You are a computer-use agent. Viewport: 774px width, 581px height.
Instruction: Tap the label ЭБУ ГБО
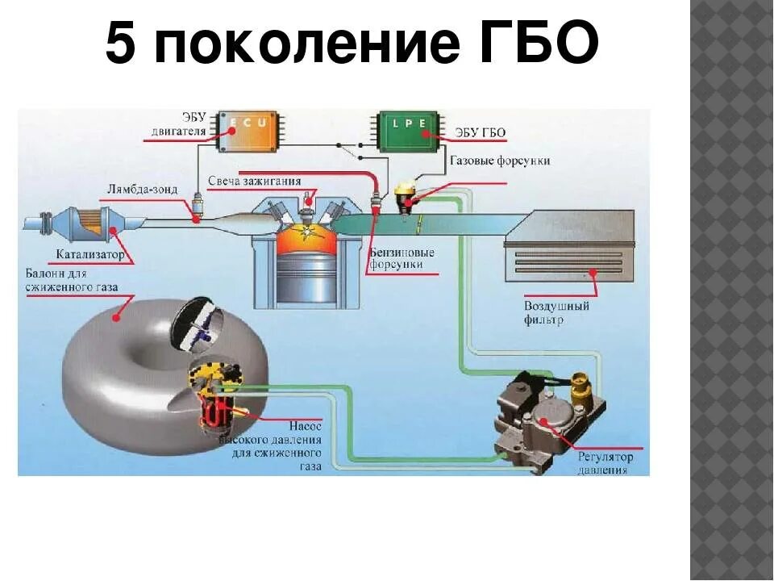click(481, 132)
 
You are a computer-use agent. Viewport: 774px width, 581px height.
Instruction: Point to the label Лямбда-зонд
click(132, 190)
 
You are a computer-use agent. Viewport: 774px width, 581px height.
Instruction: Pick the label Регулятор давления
click(605, 462)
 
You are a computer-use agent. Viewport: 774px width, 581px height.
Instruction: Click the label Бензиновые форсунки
click(402, 258)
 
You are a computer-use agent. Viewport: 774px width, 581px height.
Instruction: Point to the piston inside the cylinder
click(306, 277)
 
